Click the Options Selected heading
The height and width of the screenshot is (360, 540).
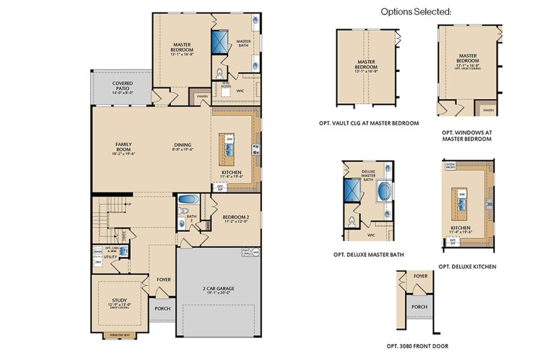tap(416, 11)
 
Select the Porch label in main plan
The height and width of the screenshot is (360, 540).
tap(162, 309)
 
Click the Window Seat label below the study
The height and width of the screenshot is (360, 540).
tap(119, 335)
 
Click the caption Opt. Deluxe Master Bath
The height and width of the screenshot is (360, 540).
tap(368, 254)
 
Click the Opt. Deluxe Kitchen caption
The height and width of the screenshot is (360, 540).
tap(467, 266)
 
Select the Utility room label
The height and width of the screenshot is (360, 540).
tap(110, 257)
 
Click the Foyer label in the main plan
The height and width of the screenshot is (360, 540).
tap(164, 278)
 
